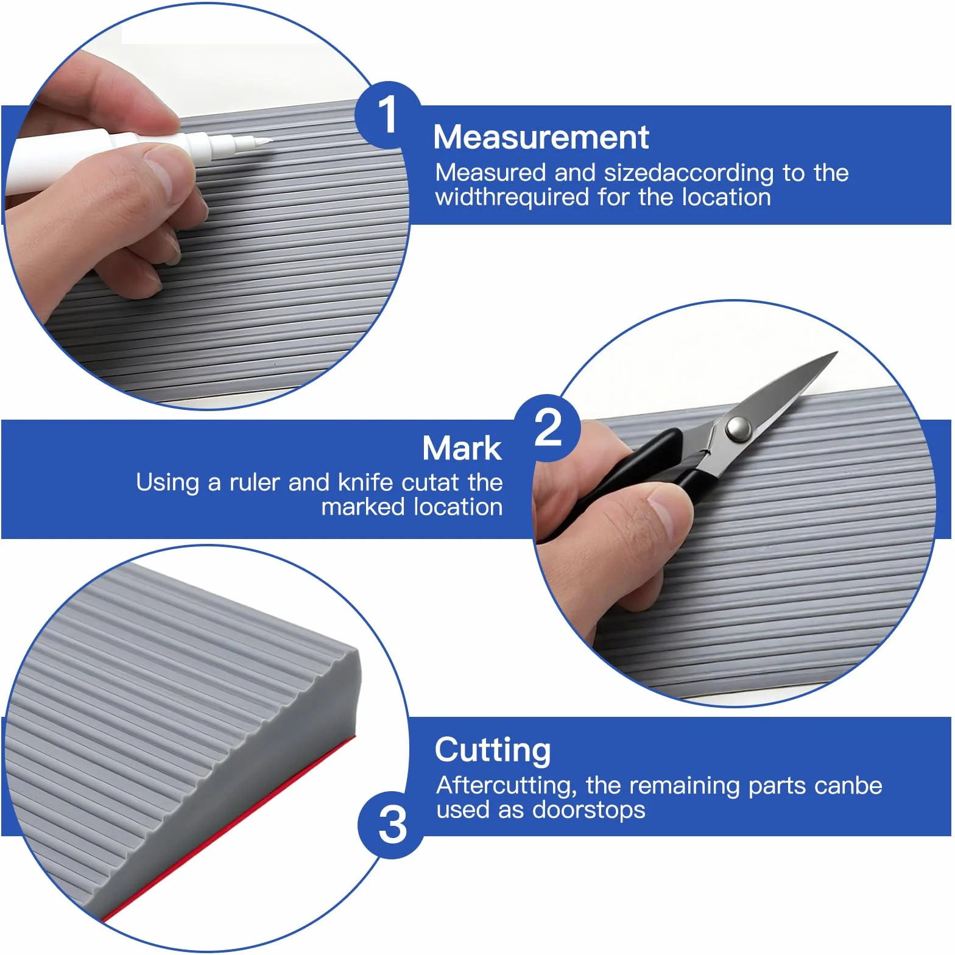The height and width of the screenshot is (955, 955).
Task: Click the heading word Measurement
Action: (x=541, y=137)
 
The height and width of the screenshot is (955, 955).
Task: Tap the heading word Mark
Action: (x=462, y=448)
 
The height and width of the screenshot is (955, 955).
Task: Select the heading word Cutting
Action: (x=493, y=751)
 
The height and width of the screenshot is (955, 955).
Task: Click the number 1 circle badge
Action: (x=388, y=115)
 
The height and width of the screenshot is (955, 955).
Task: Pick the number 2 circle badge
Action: (x=548, y=428)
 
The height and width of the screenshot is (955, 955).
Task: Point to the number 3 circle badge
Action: (x=392, y=825)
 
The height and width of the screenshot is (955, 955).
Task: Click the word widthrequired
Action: (x=512, y=198)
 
